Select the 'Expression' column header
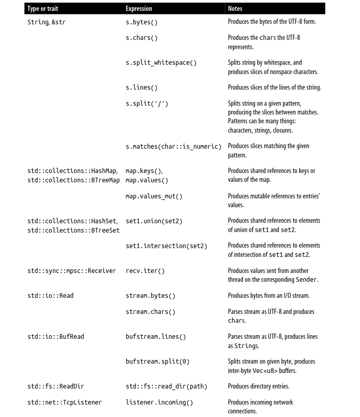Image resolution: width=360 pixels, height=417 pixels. pyautogui.click(x=139, y=8)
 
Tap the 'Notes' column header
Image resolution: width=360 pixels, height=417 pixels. pyautogui.click(x=235, y=8)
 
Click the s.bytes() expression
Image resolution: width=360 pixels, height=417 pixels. pyautogui.click(x=141, y=22)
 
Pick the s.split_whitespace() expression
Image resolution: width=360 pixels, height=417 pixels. pyautogui.click(x=161, y=63)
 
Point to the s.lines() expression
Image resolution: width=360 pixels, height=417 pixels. pyautogui.click(x=141, y=88)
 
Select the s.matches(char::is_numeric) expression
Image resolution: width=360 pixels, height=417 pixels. pyautogui.click(x=174, y=147)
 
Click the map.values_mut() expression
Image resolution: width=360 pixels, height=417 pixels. pyautogui.click(x=154, y=196)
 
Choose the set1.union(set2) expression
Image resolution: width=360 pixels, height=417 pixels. pyautogui.click(x=154, y=221)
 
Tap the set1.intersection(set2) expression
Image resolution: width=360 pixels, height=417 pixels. pyautogui.click(x=166, y=246)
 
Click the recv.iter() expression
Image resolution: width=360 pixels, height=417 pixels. pyautogui.click(x=145, y=271)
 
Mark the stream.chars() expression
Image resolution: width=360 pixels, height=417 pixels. pyautogui.click(x=150, y=312)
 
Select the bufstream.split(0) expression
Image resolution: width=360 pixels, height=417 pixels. pyautogui.click(x=157, y=362)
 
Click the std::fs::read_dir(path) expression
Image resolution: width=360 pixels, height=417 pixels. pyautogui.click(x=166, y=386)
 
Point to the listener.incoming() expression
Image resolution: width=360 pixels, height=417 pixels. pyautogui.click(x=159, y=402)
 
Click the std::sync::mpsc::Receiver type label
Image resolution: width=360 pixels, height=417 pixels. pyautogui.click(x=71, y=271)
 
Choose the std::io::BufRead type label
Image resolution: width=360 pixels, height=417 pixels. pyautogui.click(x=55, y=337)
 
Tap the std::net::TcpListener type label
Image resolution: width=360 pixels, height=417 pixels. pyautogui.click(x=65, y=402)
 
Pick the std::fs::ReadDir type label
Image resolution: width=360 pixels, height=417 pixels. pyautogui.click(x=55, y=386)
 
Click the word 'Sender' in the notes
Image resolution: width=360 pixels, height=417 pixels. pyautogui.click(x=306, y=280)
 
